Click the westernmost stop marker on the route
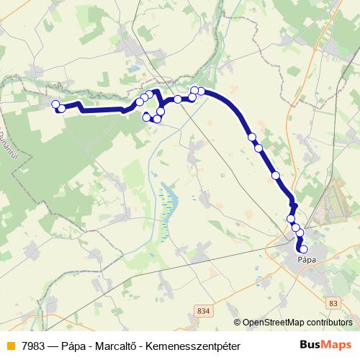tap(55, 104)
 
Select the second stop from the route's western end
tap(62, 109)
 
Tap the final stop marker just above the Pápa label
tap(304, 249)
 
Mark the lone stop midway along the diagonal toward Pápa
tap(275, 175)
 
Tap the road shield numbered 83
tap(332, 305)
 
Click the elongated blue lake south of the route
tap(167, 204)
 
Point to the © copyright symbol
tap(238, 323)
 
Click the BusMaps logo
tap(326, 345)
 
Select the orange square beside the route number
tap(10, 346)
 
